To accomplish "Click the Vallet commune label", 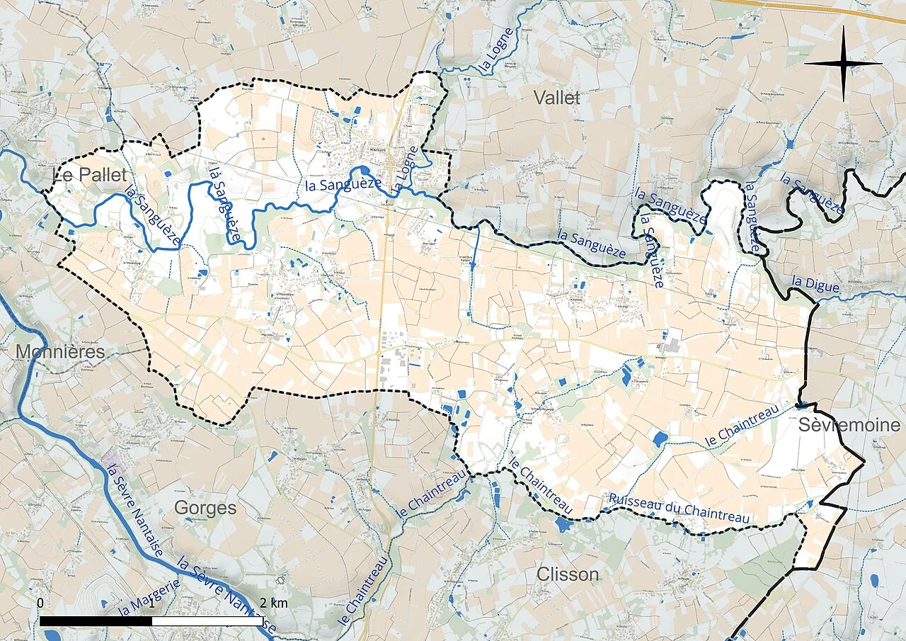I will pos(557,98).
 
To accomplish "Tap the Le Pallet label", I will pos(90,175).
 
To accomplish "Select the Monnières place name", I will pos(59,351).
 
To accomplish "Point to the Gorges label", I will pos(205,508).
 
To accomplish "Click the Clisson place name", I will pos(568,574).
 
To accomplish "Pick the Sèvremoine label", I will pos(850,425).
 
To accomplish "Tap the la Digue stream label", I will pos(815,284).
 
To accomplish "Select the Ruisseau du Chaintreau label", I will pos(678,509).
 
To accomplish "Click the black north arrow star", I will pos(843,64).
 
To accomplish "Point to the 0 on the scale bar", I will pos(40,603).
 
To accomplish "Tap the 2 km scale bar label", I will pos(273,603).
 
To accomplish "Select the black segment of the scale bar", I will pos(96,621).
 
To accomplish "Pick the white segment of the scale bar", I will pos(208,621).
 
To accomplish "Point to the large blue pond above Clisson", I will pos(564,525).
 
